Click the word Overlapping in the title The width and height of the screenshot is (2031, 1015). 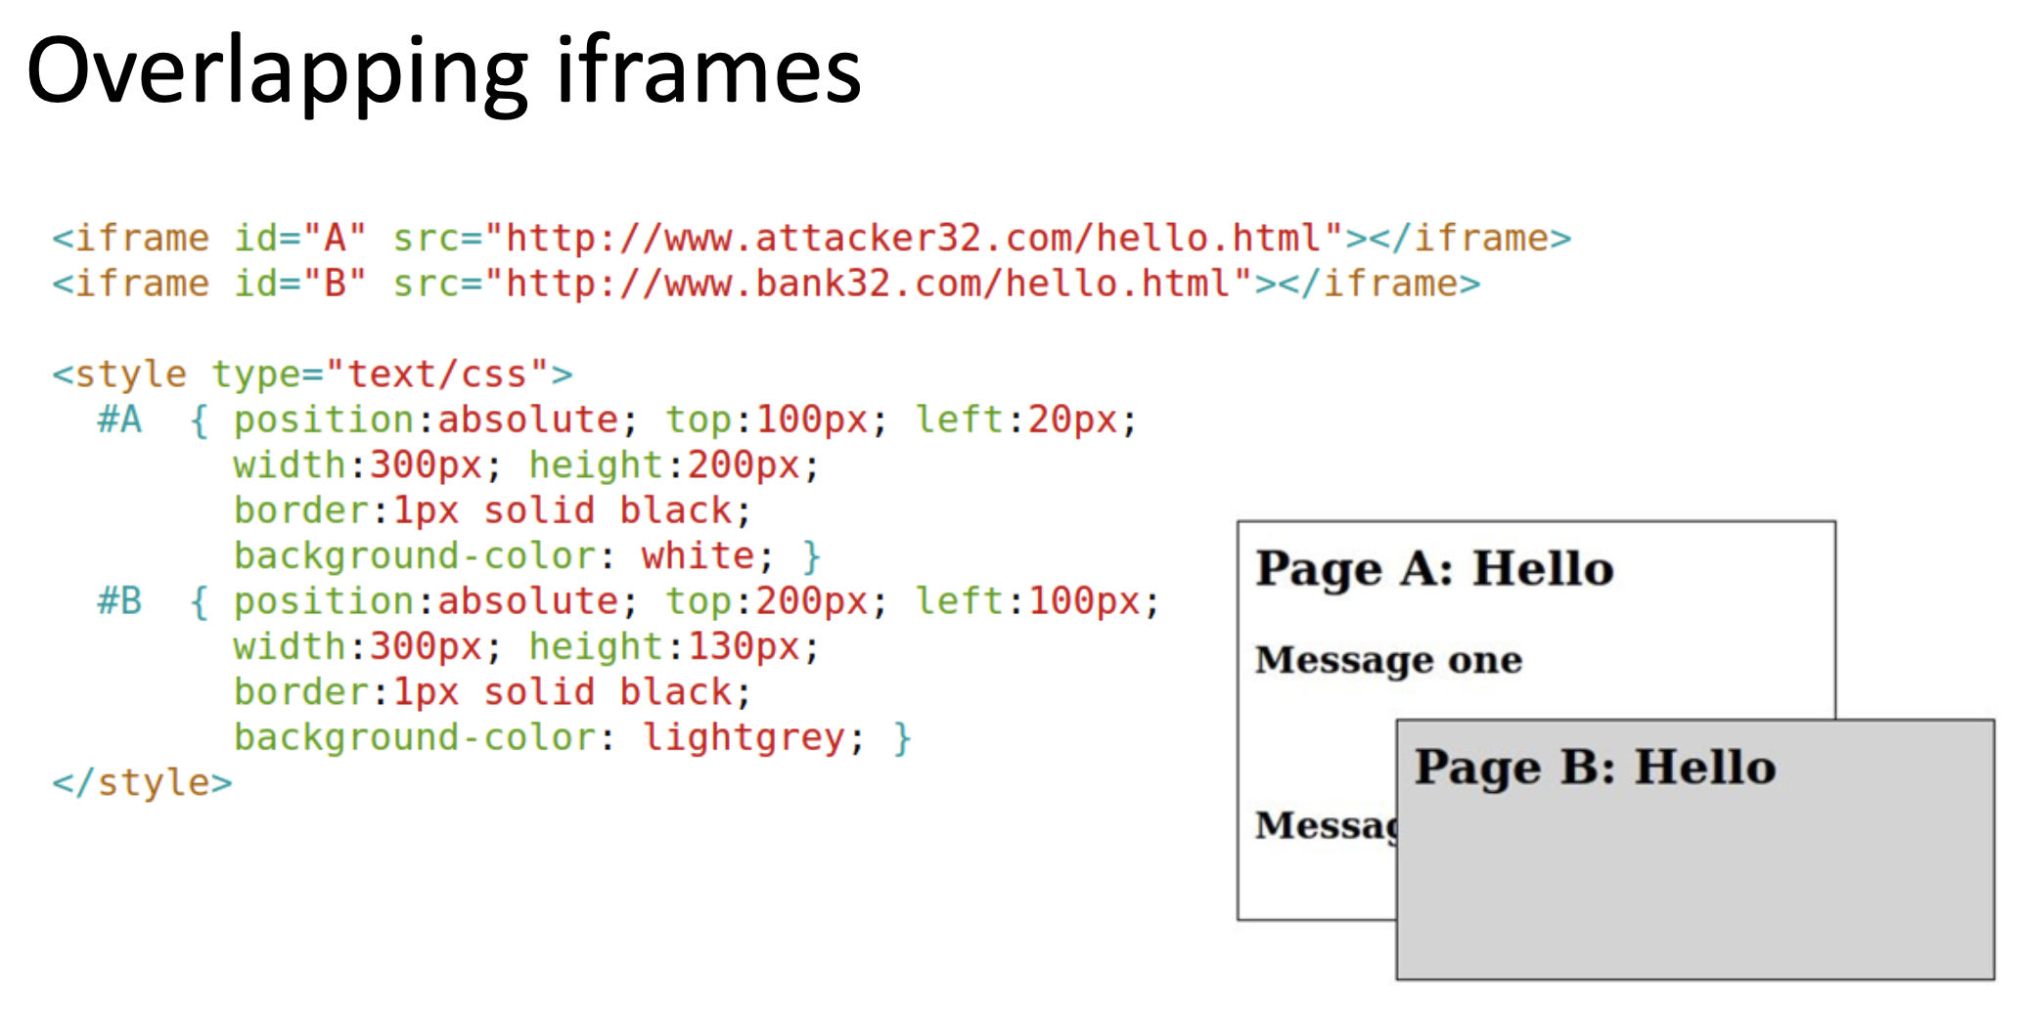coord(277,72)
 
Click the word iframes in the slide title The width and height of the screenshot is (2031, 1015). coord(708,70)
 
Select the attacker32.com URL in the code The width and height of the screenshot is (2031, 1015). coord(914,239)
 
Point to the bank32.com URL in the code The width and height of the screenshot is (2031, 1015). coord(869,284)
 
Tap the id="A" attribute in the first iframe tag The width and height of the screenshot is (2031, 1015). coord(299,239)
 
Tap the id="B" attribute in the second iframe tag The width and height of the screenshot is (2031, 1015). coord(299,284)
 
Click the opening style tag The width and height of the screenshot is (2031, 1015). coord(312,375)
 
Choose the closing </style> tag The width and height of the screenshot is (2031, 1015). coord(143,782)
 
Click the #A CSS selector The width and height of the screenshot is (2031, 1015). coord(119,420)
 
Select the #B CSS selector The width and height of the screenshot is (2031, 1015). coord(119,601)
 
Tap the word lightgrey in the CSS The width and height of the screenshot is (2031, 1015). coord(744,737)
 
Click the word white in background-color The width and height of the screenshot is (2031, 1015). coord(698,556)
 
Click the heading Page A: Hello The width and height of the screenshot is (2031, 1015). coord(1434,569)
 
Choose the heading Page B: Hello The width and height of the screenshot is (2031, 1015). coord(1595,767)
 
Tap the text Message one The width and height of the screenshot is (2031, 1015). coord(1388,661)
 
